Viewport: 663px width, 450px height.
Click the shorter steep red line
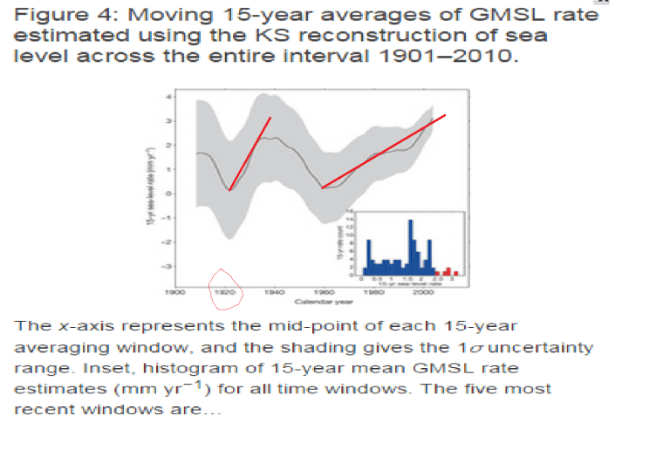tap(250, 153)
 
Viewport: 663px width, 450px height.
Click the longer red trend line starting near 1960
tap(384, 151)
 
